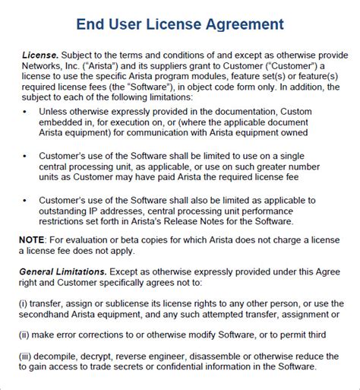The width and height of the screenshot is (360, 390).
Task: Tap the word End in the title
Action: [93, 24]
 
